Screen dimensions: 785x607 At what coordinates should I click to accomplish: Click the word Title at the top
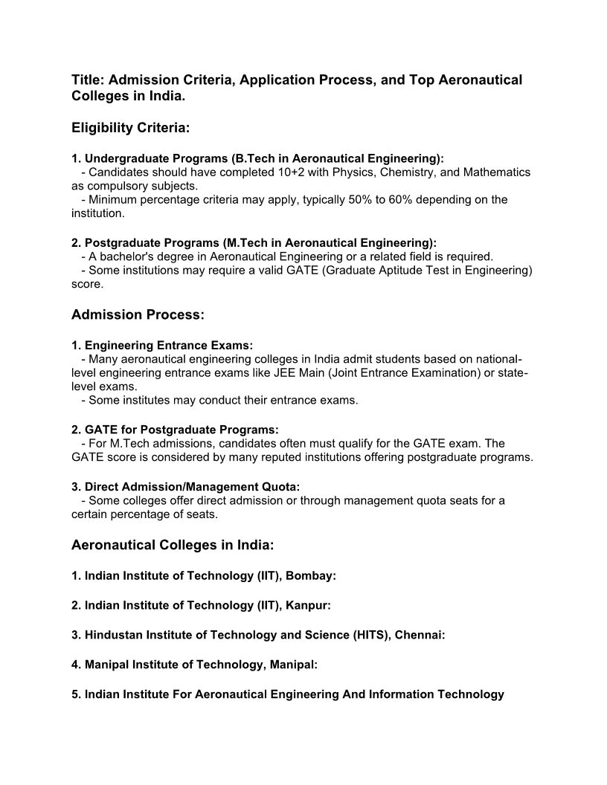(87, 80)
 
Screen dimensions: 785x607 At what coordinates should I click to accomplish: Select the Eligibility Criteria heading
(131, 129)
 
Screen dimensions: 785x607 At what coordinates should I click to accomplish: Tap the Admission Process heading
(138, 315)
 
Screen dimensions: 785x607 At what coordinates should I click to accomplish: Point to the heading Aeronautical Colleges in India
(173, 546)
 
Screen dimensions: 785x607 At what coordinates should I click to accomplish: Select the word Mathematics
(496, 172)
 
